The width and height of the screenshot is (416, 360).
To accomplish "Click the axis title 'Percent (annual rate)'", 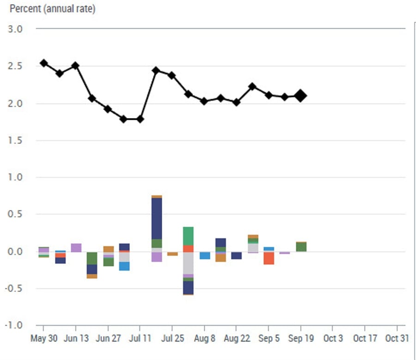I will tap(52, 9).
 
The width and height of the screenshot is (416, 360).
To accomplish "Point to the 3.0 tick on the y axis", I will tap(16, 29).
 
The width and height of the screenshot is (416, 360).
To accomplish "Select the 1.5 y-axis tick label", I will tap(16, 140).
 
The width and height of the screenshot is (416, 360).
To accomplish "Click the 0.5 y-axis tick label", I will tap(16, 214).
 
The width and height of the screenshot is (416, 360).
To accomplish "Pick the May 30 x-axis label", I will tap(44, 338).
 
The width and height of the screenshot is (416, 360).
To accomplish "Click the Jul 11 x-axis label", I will tap(140, 338).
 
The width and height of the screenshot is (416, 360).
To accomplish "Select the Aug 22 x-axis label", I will tap(237, 338).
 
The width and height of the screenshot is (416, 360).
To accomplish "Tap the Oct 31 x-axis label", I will tap(397, 338).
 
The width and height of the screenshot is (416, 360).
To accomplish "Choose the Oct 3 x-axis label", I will tap(333, 338).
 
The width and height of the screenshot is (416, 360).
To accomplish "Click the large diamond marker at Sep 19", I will tap(300, 96).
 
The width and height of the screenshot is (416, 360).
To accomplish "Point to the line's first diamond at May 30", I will tap(44, 63).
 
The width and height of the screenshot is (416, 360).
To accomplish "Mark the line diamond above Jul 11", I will tap(140, 119).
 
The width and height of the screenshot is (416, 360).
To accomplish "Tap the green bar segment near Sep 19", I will tap(301, 247).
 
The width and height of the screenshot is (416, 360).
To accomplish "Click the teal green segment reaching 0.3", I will tap(188, 236).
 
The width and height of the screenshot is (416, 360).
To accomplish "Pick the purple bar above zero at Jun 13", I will tap(76, 248).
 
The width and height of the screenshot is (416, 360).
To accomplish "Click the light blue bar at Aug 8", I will tap(205, 255).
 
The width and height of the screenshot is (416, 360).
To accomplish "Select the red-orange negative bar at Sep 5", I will tap(269, 258).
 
